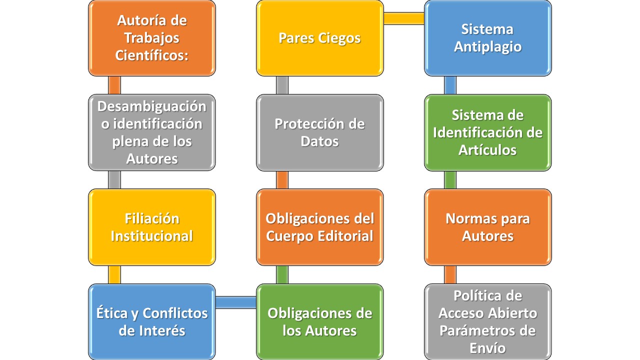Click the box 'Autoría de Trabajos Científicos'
click(x=152, y=38)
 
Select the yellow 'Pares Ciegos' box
click(x=319, y=38)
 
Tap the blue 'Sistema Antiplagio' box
click(x=487, y=38)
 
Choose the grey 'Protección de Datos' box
click(x=319, y=132)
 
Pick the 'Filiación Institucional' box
click(x=152, y=227)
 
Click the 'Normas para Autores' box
click(x=487, y=227)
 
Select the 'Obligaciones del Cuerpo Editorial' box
click(x=319, y=227)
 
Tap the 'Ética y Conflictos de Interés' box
click(x=152, y=321)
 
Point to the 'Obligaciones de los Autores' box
click(x=319, y=321)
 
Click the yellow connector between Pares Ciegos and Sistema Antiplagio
click(x=404, y=18)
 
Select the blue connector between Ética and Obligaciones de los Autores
click(x=236, y=302)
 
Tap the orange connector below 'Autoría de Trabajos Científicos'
click(x=114, y=85)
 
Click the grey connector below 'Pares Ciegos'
click(x=282, y=85)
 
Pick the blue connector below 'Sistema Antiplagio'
click(x=450, y=85)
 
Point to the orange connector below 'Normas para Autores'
click(x=450, y=274)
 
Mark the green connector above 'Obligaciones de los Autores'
click(x=282, y=274)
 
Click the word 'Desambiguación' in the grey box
click(x=151, y=107)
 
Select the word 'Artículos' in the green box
click(x=487, y=150)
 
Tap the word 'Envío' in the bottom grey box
click(x=487, y=348)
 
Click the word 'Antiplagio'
click(x=487, y=47)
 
